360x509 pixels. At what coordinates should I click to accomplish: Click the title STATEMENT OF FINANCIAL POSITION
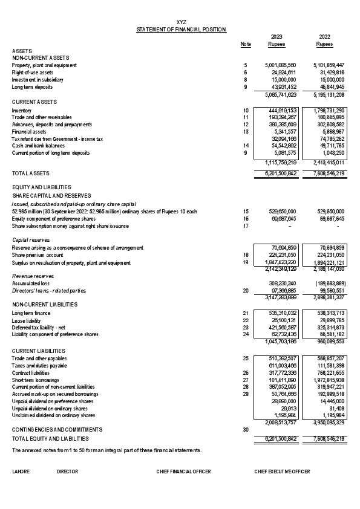pyautogui.click(x=182, y=29)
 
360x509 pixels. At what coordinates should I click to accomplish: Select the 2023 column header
pyautogui.click(x=277, y=36)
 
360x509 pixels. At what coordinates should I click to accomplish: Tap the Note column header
pyautogui.click(x=246, y=44)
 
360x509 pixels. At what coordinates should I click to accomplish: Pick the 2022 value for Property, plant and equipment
pyautogui.click(x=329, y=65)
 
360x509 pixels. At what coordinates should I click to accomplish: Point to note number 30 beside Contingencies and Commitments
pyautogui.click(x=246, y=429)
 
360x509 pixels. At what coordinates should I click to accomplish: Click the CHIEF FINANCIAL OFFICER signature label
pyautogui.click(x=183, y=471)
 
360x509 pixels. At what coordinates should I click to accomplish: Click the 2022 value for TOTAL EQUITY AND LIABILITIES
pyautogui.click(x=328, y=438)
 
